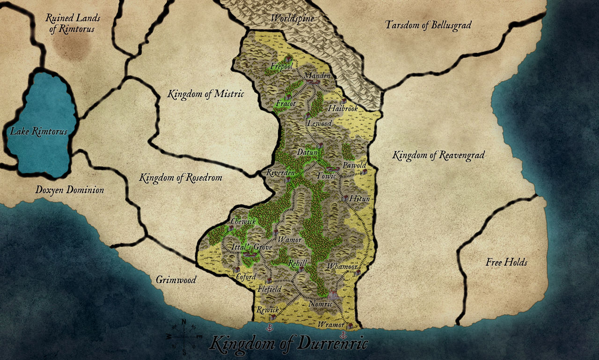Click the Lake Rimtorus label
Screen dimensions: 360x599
coord(39,132)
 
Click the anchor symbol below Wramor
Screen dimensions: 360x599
coord(343,335)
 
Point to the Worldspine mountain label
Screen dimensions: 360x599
coord(292,19)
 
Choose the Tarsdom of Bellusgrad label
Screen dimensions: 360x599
coord(428,25)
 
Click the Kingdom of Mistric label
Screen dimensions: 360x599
coord(206,94)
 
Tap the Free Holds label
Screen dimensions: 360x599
coord(506,262)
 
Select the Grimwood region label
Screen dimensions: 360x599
coord(175,280)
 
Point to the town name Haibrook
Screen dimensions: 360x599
coord(343,109)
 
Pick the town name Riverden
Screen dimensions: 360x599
coord(280,173)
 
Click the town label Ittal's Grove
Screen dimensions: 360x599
coord(252,247)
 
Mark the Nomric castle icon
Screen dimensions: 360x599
coord(332,295)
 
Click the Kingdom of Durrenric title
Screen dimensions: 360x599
coord(289,344)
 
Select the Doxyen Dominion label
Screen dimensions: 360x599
coord(70,190)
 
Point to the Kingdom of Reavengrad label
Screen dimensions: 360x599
coord(438,155)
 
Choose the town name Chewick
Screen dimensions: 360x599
coord(243,221)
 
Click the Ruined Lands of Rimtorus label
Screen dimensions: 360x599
coord(70,23)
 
